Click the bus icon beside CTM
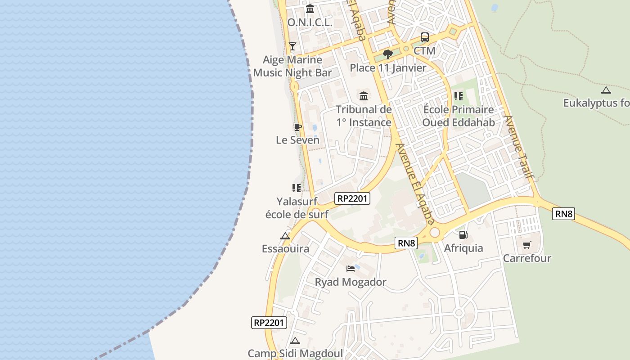424,37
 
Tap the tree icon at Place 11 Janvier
387,54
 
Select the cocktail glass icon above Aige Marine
292,46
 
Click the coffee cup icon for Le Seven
297,127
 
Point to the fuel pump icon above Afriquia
463,235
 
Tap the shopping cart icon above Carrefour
526,245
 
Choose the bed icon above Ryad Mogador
351,269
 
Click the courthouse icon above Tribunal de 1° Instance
364,96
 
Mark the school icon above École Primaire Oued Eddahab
459,96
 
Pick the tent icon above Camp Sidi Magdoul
295,341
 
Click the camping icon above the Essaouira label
285,236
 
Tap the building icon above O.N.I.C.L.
310,9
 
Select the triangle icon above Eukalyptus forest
606,90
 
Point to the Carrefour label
527,258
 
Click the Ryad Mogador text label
351,282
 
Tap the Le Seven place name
297,140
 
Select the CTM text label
424,50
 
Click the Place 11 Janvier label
388,68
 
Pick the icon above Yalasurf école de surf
296,188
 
